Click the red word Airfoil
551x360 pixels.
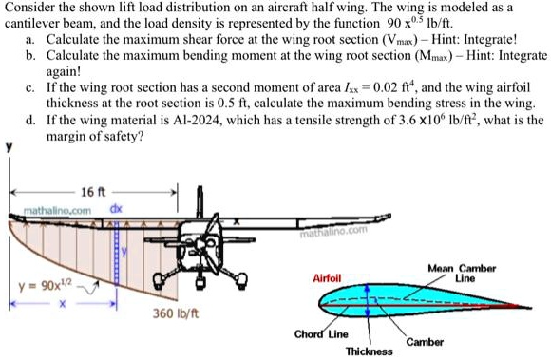click(326, 277)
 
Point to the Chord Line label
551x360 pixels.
click(321, 334)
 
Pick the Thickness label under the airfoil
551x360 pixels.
click(370, 351)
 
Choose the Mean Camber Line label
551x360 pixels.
click(463, 274)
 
